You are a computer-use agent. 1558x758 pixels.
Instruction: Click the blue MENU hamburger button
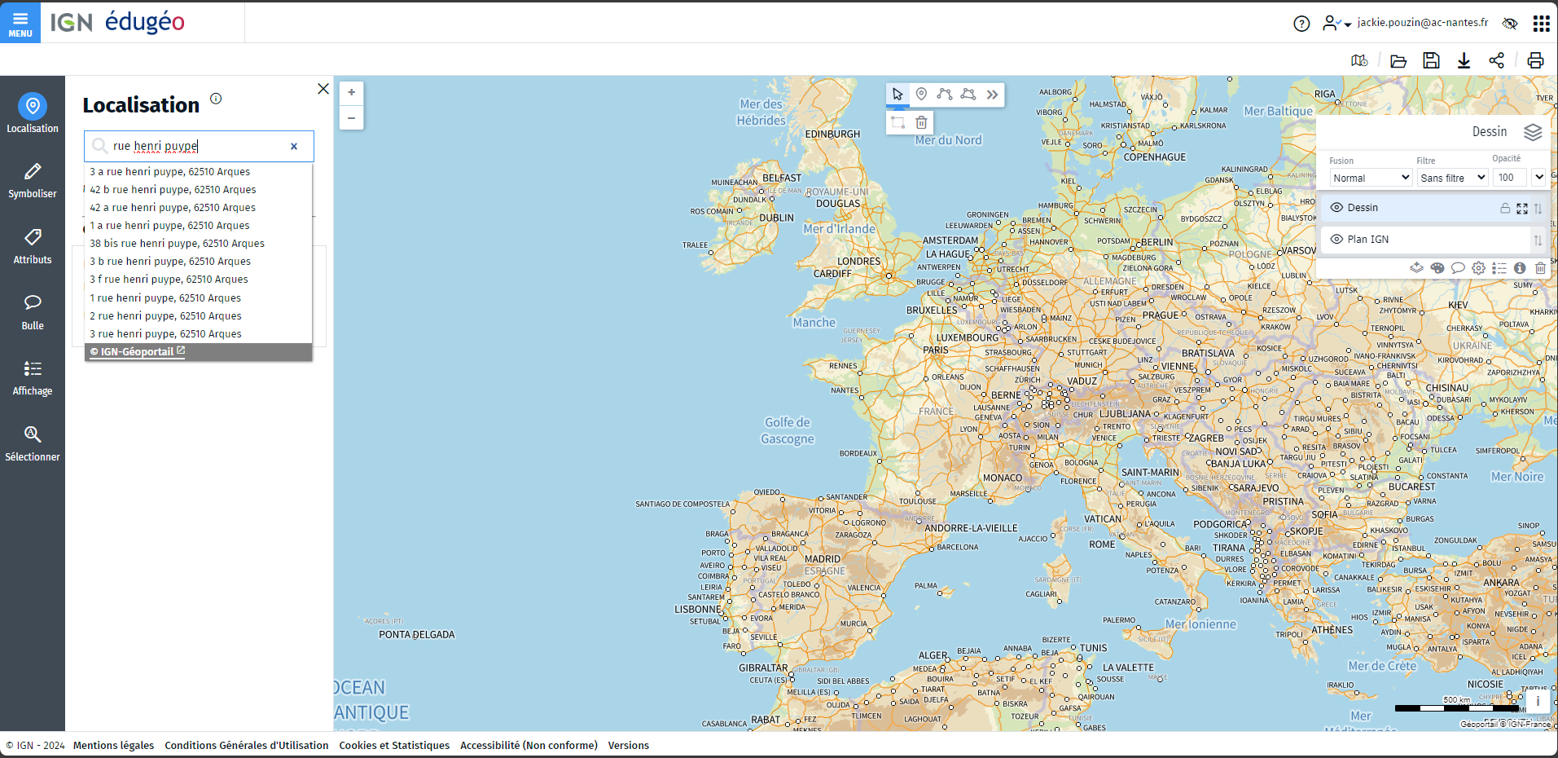pos(20,22)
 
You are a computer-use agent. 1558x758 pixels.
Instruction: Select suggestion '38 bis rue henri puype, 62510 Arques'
pos(177,244)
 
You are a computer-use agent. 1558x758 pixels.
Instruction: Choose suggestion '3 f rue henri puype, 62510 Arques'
pos(169,280)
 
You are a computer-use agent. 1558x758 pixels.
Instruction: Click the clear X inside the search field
pos(294,147)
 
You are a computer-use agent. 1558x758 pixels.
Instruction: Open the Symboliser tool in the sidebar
pos(33,180)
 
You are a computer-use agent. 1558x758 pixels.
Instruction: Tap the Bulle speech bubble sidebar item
pos(33,311)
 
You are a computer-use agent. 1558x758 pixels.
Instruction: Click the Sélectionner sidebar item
pos(33,443)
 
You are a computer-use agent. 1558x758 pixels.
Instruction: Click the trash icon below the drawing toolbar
pos(921,123)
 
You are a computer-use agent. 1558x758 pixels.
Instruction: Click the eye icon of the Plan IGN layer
pos(1336,240)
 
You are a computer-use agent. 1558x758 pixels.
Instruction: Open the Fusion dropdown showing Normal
pos(1371,178)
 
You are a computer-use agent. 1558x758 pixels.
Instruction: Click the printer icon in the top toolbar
pos(1535,60)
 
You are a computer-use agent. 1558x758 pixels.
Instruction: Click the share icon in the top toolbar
pos(1496,60)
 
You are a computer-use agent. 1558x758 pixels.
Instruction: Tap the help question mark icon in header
pos(1301,24)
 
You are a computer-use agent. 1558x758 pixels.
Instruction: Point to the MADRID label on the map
pos(823,559)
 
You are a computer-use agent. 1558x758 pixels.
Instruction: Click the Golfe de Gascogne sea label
pos(788,430)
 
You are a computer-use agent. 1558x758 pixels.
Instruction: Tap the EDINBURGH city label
pos(832,134)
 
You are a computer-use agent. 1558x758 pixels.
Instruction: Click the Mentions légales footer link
pos(113,746)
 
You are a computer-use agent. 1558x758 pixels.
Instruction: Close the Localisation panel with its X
pos(323,89)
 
